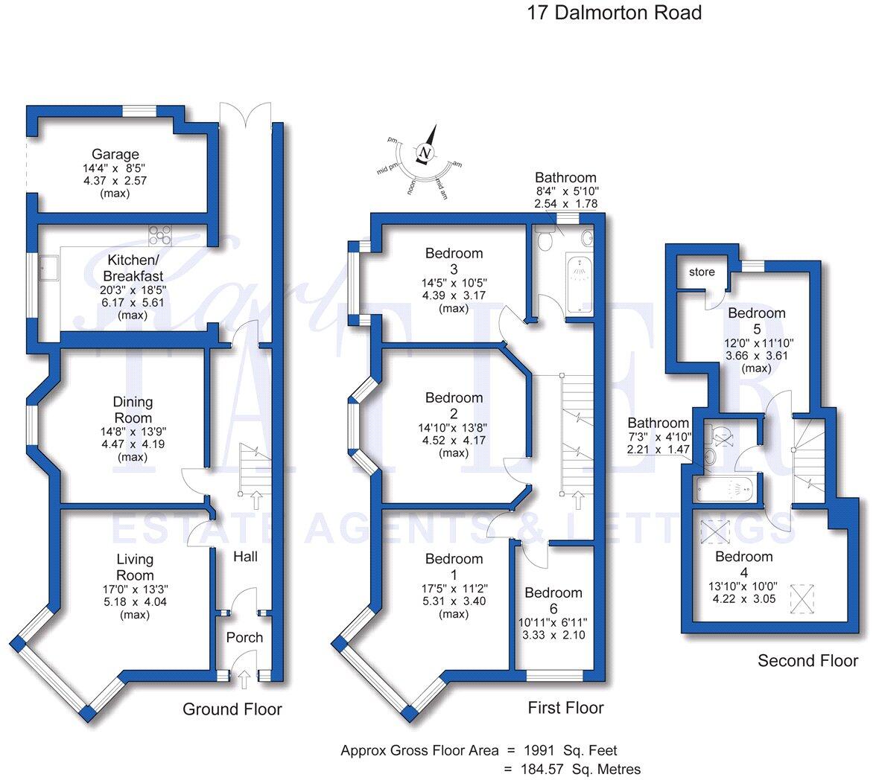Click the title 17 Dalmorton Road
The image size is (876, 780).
(x=614, y=13)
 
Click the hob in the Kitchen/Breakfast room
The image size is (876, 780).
(x=160, y=235)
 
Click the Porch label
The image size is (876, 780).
(x=244, y=637)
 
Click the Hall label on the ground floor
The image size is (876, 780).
(x=245, y=556)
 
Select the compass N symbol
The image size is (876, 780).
(x=425, y=153)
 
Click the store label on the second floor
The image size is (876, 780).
(x=702, y=272)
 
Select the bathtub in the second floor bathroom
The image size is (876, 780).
(x=725, y=489)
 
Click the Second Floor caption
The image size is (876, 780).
(x=807, y=660)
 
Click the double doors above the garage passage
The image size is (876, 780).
(x=245, y=113)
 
